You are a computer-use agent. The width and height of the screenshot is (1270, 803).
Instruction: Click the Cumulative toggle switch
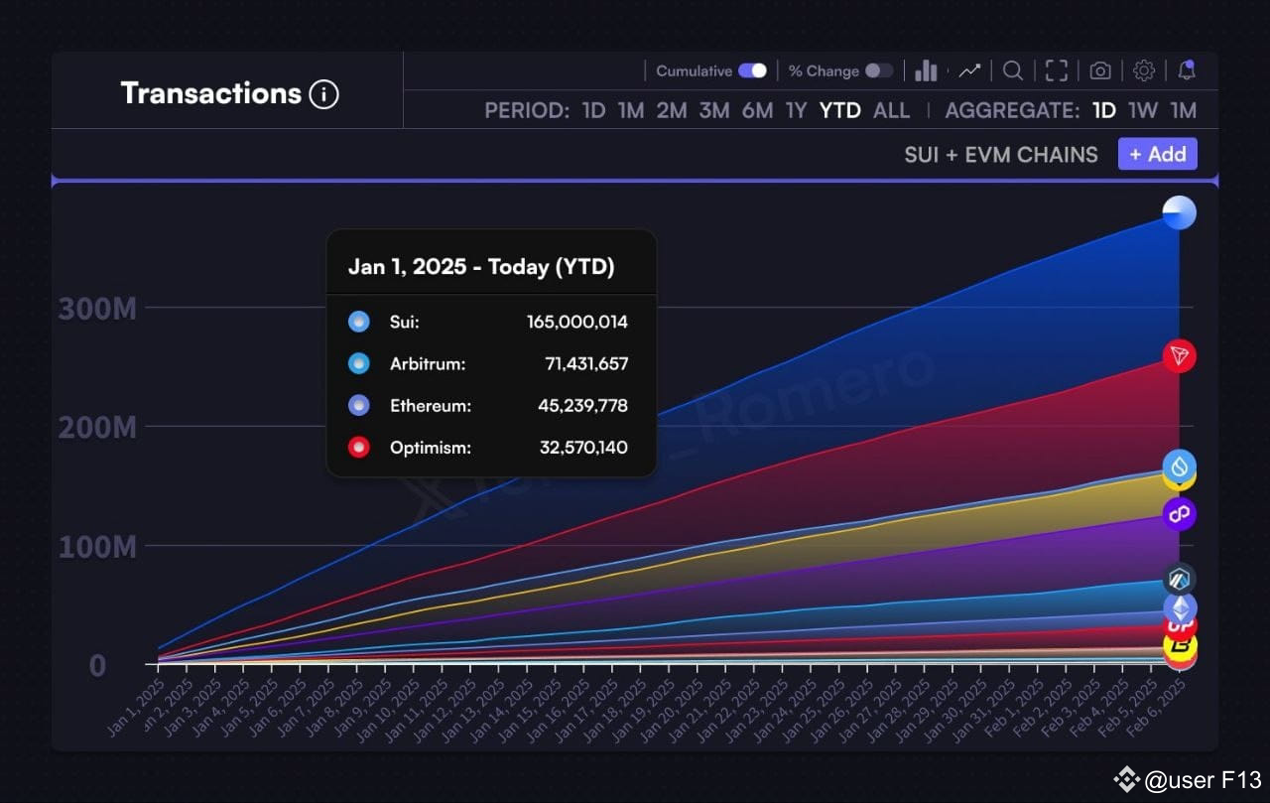pos(752,70)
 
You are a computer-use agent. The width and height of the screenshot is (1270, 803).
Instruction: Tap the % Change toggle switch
pos(878,70)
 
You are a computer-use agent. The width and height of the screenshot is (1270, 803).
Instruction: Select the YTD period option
pos(839,110)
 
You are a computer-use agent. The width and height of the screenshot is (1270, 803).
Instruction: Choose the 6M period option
pos(757,110)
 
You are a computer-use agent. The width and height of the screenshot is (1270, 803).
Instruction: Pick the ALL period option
pos(891,110)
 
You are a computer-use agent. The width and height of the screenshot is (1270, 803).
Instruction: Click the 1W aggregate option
pos(1143,110)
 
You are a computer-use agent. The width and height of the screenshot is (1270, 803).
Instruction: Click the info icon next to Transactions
pos(323,94)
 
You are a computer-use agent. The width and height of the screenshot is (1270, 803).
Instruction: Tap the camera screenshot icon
pos(1099,70)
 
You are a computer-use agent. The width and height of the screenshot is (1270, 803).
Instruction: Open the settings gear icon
pos(1143,70)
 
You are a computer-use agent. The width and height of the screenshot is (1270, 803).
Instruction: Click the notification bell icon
pos(1186,70)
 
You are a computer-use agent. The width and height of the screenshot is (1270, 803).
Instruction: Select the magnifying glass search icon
pos(1012,70)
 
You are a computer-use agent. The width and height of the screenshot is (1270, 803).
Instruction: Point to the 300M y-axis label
pos(97,309)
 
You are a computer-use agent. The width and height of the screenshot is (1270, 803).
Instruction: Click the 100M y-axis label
pos(97,547)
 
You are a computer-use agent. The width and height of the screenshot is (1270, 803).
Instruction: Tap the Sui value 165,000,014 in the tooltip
pos(576,322)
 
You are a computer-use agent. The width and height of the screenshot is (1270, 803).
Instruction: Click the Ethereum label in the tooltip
pos(430,405)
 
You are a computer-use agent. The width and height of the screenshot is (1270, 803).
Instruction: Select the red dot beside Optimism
pos(359,447)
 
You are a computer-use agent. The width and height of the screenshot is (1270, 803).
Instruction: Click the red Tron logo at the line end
pos(1179,355)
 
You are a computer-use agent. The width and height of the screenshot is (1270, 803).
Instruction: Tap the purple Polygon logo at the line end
pos(1179,514)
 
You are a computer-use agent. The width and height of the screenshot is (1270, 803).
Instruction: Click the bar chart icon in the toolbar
pos(926,70)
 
